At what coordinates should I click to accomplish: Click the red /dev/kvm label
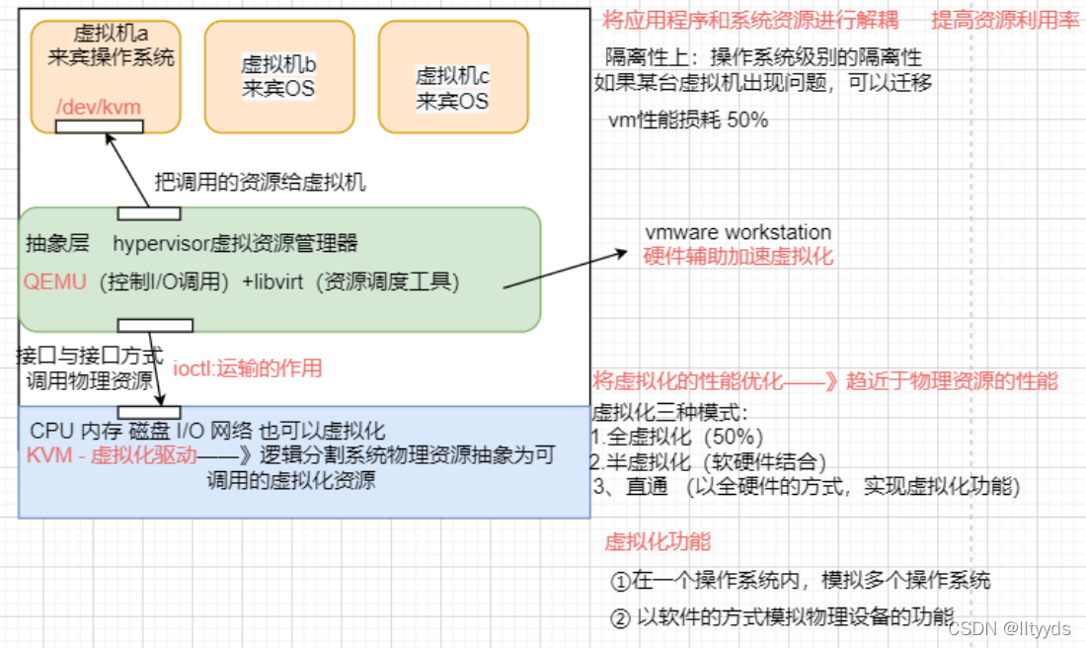[99, 108]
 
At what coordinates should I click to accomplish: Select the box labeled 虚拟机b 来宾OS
[279, 76]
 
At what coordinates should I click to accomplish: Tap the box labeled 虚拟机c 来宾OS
[453, 76]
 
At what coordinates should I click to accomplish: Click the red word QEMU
[54, 283]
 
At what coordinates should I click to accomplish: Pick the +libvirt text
[272, 283]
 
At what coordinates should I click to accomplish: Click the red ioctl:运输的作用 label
[247, 368]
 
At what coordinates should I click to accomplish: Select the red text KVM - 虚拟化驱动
[112, 455]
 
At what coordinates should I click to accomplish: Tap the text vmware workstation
[738, 232]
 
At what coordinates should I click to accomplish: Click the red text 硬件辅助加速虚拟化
[738, 257]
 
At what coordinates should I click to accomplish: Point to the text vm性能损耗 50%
[688, 120]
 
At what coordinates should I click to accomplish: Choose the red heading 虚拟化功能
[658, 541]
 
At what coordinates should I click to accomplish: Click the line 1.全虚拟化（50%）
[676, 437]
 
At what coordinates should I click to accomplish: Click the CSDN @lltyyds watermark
[1009, 628]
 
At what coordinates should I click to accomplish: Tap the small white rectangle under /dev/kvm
[99, 126]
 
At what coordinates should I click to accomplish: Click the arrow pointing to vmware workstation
[565, 270]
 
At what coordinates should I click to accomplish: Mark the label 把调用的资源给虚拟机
[260, 183]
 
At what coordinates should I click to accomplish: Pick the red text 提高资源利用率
[1006, 21]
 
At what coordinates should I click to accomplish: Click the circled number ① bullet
[620, 581]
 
